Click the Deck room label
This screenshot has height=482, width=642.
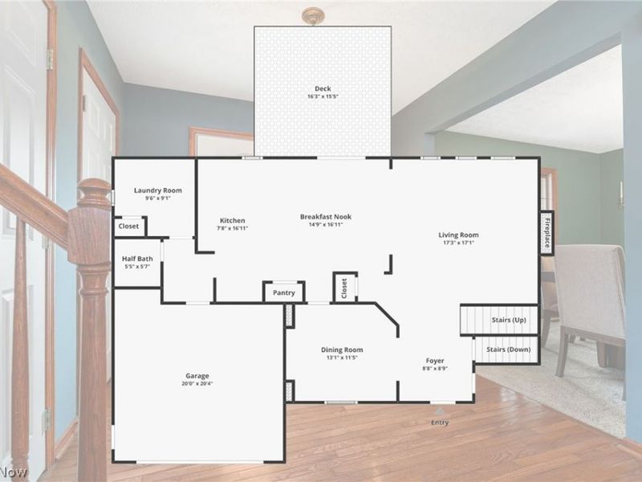coord(323,88)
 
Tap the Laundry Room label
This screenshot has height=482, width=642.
coord(157,190)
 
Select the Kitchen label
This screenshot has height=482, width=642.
coord(233,221)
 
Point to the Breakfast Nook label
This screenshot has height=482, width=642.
coord(326,216)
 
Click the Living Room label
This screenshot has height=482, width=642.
coord(458,235)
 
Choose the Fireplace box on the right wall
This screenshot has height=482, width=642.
coord(547,233)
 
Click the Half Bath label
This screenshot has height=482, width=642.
coord(137,259)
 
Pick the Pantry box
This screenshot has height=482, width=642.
coord(284,292)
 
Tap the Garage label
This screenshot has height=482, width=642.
coord(197,376)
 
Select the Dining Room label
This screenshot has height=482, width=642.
coord(342,349)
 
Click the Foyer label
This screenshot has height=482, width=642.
coord(435,361)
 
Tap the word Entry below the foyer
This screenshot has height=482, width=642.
coord(440,423)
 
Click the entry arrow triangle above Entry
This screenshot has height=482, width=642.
coord(439,411)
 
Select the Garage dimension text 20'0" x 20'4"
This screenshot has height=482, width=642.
coord(197,384)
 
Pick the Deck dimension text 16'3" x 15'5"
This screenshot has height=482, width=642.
coord(323,96)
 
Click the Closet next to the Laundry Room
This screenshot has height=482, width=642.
coord(128,227)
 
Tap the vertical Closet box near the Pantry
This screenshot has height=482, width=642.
coord(344,288)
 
